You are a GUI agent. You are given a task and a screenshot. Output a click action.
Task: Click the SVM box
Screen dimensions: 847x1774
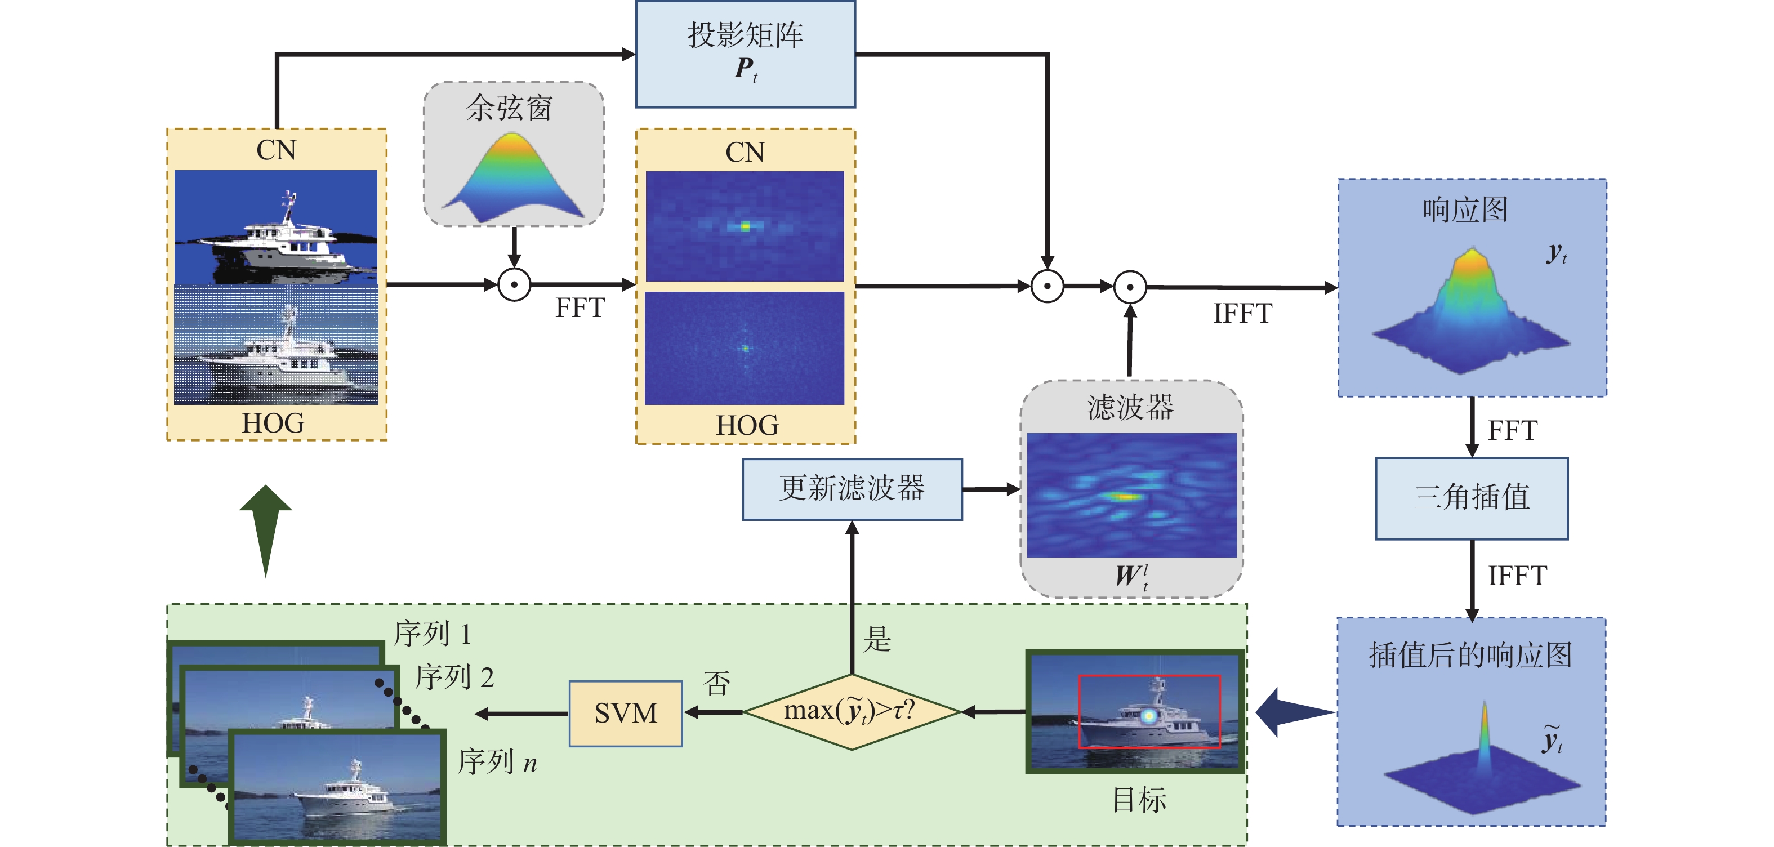(x=625, y=714)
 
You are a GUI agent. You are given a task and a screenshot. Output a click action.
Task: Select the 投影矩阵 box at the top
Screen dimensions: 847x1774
(x=745, y=54)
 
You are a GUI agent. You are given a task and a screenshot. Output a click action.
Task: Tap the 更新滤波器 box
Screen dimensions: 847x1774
(x=852, y=489)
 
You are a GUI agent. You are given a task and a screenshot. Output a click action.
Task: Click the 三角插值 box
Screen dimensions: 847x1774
(x=1472, y=498)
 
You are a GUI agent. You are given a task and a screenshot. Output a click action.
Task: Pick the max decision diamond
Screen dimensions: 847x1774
(x=852, y=711)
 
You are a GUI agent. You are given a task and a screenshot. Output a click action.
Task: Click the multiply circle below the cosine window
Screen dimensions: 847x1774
(x=514, y=284)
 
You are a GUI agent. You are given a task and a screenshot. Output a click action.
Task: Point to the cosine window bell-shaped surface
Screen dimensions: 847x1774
(x=513, y=176)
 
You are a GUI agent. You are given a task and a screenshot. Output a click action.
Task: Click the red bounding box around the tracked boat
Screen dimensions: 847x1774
(x=1149, y=711)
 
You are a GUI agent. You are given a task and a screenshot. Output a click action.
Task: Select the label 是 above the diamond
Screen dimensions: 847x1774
(x=877, y=639)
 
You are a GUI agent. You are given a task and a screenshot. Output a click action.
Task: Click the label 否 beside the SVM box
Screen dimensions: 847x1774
(x=716, y=683)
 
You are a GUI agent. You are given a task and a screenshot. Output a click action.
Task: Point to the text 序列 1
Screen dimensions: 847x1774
(x=433, y=634)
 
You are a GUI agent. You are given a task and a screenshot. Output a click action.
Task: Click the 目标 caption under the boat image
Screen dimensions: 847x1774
(x=1140, y=800)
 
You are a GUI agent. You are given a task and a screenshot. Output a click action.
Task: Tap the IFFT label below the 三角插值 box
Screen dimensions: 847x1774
(x=1517, y=576)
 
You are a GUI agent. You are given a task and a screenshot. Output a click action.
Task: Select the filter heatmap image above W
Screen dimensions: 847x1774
(x=1131, y=494)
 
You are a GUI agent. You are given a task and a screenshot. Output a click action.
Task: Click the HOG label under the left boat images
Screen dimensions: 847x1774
(x=273, y=423)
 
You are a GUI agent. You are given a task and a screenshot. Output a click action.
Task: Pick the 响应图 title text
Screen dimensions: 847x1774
(x=1465, y=210)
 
